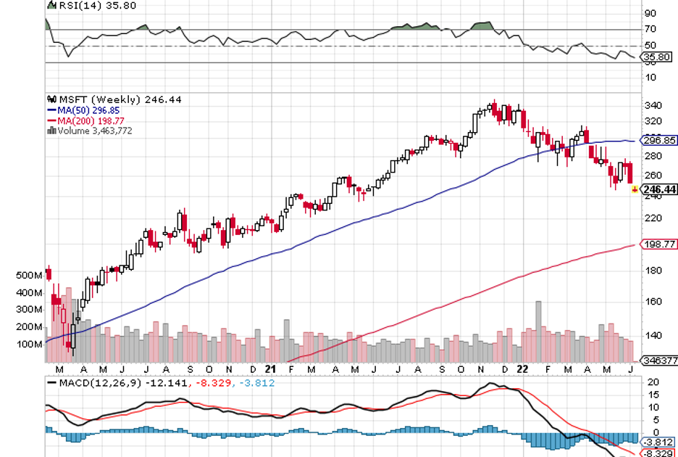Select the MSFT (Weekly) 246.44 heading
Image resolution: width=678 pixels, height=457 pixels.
click(116, 99)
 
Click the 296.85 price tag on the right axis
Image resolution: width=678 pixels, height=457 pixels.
click(659, 141)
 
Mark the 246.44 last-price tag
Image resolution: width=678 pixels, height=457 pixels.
click(659, 189)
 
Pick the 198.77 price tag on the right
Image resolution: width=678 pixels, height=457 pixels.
click(659, 244)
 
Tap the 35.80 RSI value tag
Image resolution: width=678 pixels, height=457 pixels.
click(659, 57)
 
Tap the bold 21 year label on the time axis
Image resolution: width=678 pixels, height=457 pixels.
click(269, 368)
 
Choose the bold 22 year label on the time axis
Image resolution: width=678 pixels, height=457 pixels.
click(521, 368)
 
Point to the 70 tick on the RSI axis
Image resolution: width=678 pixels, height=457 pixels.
click(650, 30)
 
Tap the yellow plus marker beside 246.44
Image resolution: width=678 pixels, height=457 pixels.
click(635, 190)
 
